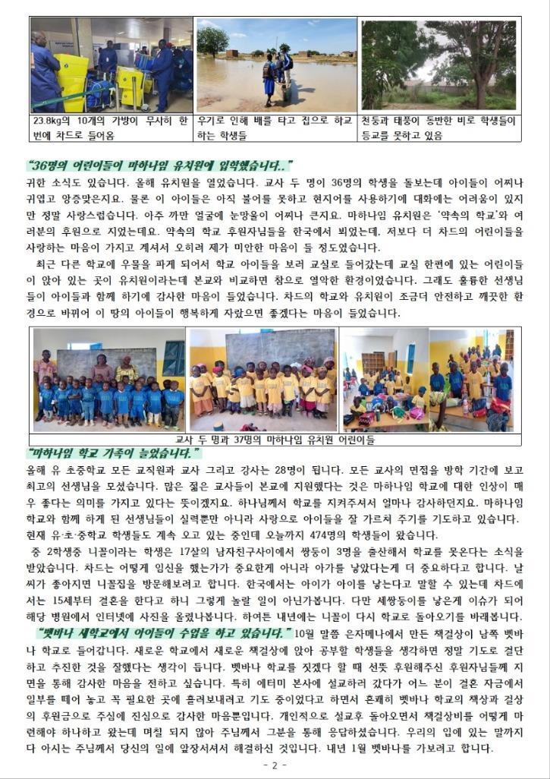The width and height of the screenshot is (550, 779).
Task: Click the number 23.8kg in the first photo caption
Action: click(x=49, y=120)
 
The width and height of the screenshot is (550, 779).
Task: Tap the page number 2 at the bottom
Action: click(x=275, y=765)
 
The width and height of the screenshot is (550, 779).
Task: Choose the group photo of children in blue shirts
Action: click(x=109, y=380)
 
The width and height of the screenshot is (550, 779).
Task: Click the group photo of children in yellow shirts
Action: click(x=262, y=380)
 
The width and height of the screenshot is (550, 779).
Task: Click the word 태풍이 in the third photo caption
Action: click(x=417, y=120)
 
